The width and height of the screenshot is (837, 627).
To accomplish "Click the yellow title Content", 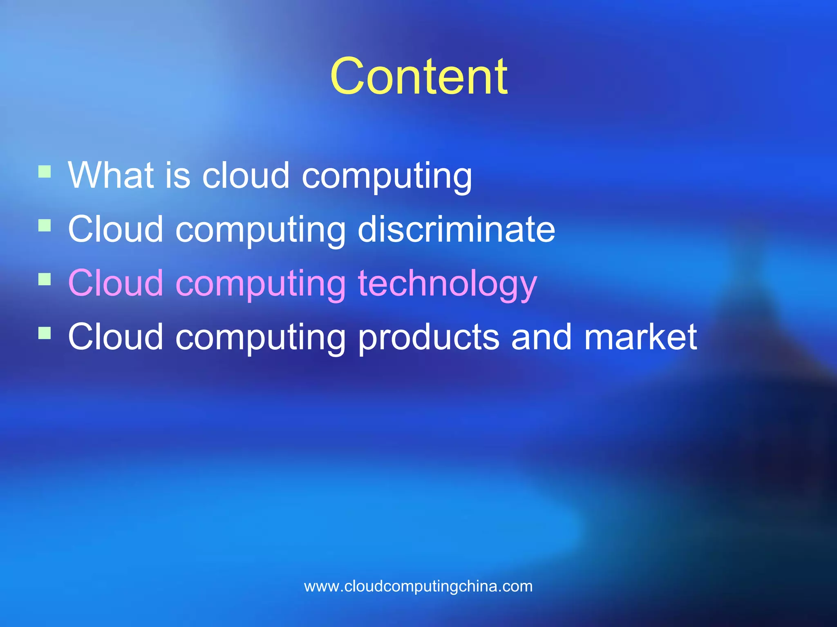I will click(418, 77).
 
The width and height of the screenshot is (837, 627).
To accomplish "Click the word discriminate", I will click(456, 229).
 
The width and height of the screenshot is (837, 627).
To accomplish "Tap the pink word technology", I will click(447, 284).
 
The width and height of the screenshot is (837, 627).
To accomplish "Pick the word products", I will click(429, 338).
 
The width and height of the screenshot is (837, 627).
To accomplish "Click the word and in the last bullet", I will click(542, 337).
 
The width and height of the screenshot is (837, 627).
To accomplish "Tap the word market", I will click(640, 337).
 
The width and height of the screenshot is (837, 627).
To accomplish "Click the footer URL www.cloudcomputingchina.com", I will click(418, 586).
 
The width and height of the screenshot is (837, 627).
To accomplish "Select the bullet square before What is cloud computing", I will click(45, 171).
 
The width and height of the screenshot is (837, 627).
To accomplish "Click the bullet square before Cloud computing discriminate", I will click(45, 225).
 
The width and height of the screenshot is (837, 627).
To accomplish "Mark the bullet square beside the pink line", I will click(45, 279).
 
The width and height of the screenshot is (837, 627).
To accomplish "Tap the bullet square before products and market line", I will click(45, 333).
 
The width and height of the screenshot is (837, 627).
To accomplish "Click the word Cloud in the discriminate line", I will click(115, 229).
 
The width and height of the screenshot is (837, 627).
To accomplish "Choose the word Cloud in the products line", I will click(115, 337).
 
